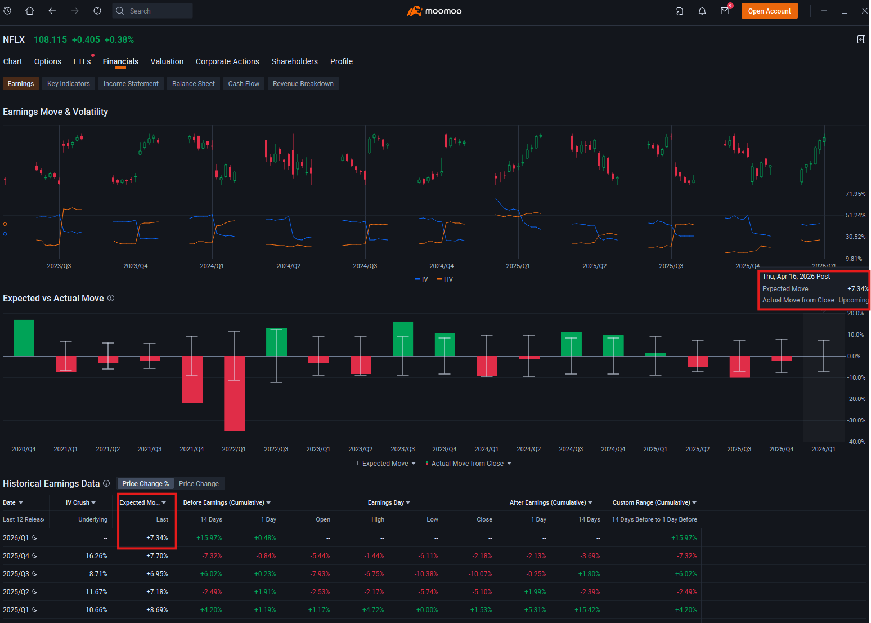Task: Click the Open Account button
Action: pos(769,11)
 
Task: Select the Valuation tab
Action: pos(167,61)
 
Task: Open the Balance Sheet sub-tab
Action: pos(193,84)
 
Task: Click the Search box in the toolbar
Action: pos(152,11)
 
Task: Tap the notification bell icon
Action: pos(702,11)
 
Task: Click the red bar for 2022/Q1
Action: pos(234,394)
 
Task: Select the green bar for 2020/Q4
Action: pos(24,338)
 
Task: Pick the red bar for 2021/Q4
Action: pos(192,379)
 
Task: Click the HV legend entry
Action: pos(445,279)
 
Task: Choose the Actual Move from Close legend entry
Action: pos(469,464)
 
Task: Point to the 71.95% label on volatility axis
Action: pos(855,194)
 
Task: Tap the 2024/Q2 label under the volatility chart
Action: pos(289,266)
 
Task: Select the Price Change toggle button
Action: pos(199,484)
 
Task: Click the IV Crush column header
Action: pos(80,502)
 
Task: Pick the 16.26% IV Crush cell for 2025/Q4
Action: pos(96,555)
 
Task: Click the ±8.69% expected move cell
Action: pos(157,609)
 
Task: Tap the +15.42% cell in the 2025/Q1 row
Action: pos(587,609)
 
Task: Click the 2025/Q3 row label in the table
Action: pos(16,574)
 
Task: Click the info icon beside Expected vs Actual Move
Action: pos(111,298)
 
